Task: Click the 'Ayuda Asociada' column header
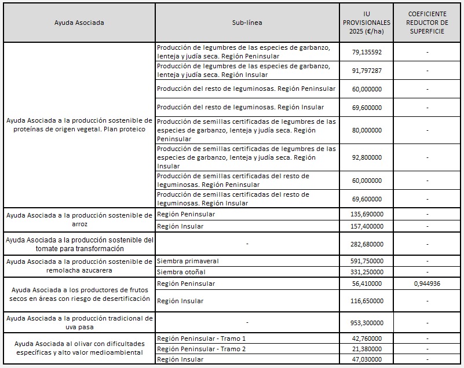(79, 23)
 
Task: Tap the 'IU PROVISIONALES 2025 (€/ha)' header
(367, 23)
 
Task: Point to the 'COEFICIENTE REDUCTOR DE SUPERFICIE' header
(427, 23)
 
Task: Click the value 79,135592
(367, 52)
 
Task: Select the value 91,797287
(367, 70)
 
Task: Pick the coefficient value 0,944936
(427, 284)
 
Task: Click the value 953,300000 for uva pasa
(367, 322)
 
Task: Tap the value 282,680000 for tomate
(367, 244)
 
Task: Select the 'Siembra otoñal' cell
(181, 272)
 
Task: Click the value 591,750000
(367, 261)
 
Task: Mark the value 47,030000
(367, 359)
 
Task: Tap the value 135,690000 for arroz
(367, 215)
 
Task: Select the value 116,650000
(367, 301)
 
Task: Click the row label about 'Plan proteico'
(79, 124)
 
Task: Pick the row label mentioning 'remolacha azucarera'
(79, 266)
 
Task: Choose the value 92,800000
(367, 157)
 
